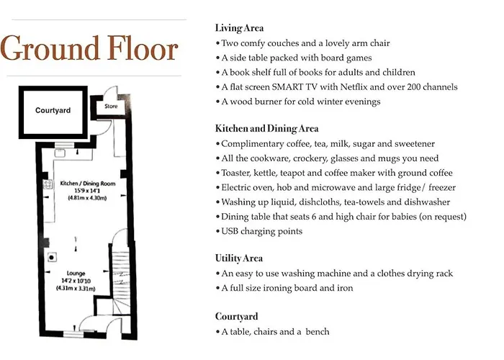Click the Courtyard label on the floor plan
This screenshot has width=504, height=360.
coord(53,110)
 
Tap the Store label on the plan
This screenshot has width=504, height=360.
coord(111,106)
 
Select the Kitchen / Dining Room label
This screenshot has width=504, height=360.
coord(87,184)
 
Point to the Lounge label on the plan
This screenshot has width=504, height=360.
coord(76,273)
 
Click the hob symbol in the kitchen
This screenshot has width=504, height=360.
coord(48,184)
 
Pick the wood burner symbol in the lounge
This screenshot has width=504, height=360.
coord(51,257)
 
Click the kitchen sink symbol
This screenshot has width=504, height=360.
coord(60,153)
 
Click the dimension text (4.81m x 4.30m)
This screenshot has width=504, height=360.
coord(87,198)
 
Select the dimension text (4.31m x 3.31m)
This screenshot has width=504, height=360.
coord(76,288)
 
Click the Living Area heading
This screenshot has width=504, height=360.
coord(239,28)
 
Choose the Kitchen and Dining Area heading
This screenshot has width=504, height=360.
coord(267,129)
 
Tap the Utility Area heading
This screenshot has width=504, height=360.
coord(239,258)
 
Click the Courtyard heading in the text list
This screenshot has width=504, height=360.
coord(237,317)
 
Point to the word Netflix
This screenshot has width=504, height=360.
coord(354,87)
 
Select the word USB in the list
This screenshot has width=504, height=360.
coord(230,231)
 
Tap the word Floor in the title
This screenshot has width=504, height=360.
coord(142,48)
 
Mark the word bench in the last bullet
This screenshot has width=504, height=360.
coord(318,332)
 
